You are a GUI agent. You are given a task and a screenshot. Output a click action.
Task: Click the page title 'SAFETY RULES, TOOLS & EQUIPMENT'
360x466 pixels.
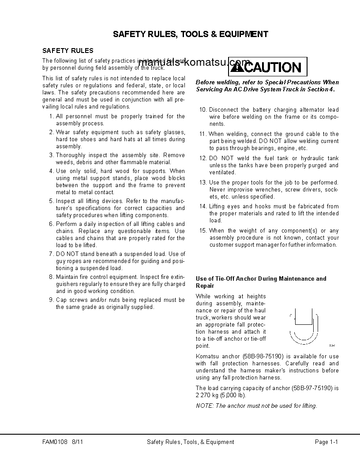tap(190, 34)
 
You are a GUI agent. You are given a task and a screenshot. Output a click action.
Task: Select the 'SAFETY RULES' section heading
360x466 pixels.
tap(67, 51)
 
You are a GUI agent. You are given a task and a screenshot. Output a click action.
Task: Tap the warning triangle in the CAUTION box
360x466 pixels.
tap(237, 68)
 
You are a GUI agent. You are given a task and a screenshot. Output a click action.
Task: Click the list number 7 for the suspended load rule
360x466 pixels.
tap(51, 254)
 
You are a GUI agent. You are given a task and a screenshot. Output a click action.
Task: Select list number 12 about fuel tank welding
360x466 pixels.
tap(203, 158)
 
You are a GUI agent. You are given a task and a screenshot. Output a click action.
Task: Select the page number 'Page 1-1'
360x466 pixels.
tap(326, 442)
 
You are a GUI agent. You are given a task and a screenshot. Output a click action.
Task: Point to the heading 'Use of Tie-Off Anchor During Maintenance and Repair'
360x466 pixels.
tap(261, 282)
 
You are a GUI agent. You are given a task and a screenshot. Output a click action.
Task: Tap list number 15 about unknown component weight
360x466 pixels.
tap(203, 231)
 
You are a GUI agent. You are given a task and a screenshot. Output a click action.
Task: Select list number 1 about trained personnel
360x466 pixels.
tap(51, 116)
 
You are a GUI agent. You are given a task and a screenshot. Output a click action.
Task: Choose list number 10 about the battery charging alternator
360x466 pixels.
tap(203, 110)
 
